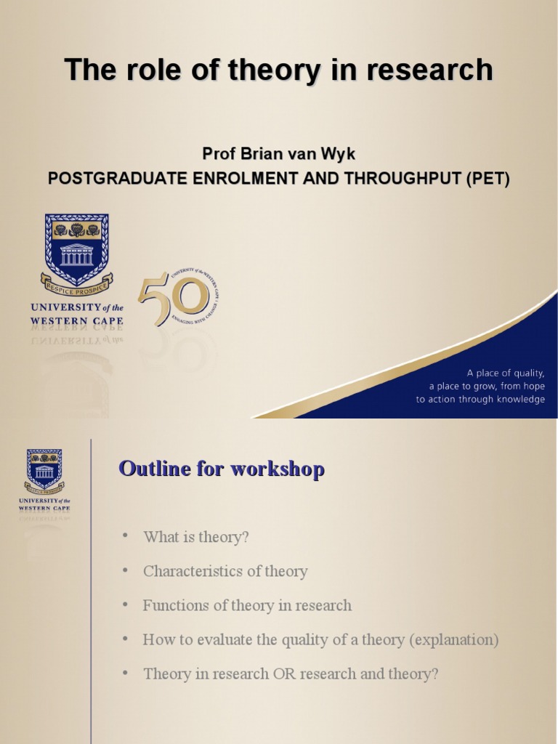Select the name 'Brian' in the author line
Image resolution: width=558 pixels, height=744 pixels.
click(x=254, y=155)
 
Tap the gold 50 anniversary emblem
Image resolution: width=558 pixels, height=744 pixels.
click(x=178, y=299)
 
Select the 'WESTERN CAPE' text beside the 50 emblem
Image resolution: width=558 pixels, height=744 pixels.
click(x=77, y=320)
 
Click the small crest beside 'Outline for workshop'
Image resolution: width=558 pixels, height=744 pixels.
click(x=44, y=469)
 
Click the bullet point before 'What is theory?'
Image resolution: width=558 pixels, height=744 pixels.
click(x=125, y=535)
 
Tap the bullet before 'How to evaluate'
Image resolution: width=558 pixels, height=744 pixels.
click(x=125, y=639)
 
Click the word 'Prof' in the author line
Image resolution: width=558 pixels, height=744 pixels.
click(x=218, y=155)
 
